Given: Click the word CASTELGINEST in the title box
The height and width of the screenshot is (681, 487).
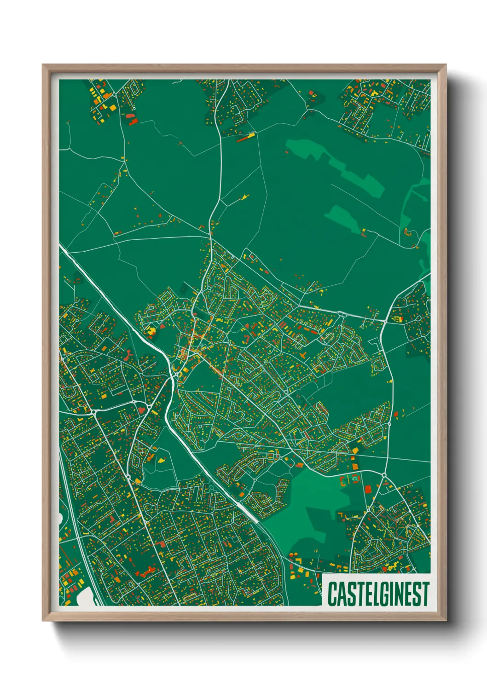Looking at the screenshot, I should pyautogui.click(x=378, y=594).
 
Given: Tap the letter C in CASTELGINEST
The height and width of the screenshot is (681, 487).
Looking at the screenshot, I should pyautogui.click(x=332, y=594).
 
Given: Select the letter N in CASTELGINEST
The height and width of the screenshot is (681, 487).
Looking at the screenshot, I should pyautogui.click(x=399, y=594).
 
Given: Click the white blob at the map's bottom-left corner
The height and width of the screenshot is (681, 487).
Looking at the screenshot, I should pyautogui.click(x=85, y=597).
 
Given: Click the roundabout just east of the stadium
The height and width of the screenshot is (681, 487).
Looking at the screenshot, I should pyautogui.click(x=383, y=474).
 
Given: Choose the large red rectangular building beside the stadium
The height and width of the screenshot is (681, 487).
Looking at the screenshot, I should pyautogui.click(x=368, y=489).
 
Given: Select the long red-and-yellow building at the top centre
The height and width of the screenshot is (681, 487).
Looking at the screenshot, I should pyautogui.click(x=246, y=137).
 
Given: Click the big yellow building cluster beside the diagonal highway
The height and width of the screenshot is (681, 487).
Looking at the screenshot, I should pyautogui.click(x=151, y=330).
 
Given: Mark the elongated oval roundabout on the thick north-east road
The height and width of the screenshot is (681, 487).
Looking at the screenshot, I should pyautogui.click(x=342, y=314).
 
